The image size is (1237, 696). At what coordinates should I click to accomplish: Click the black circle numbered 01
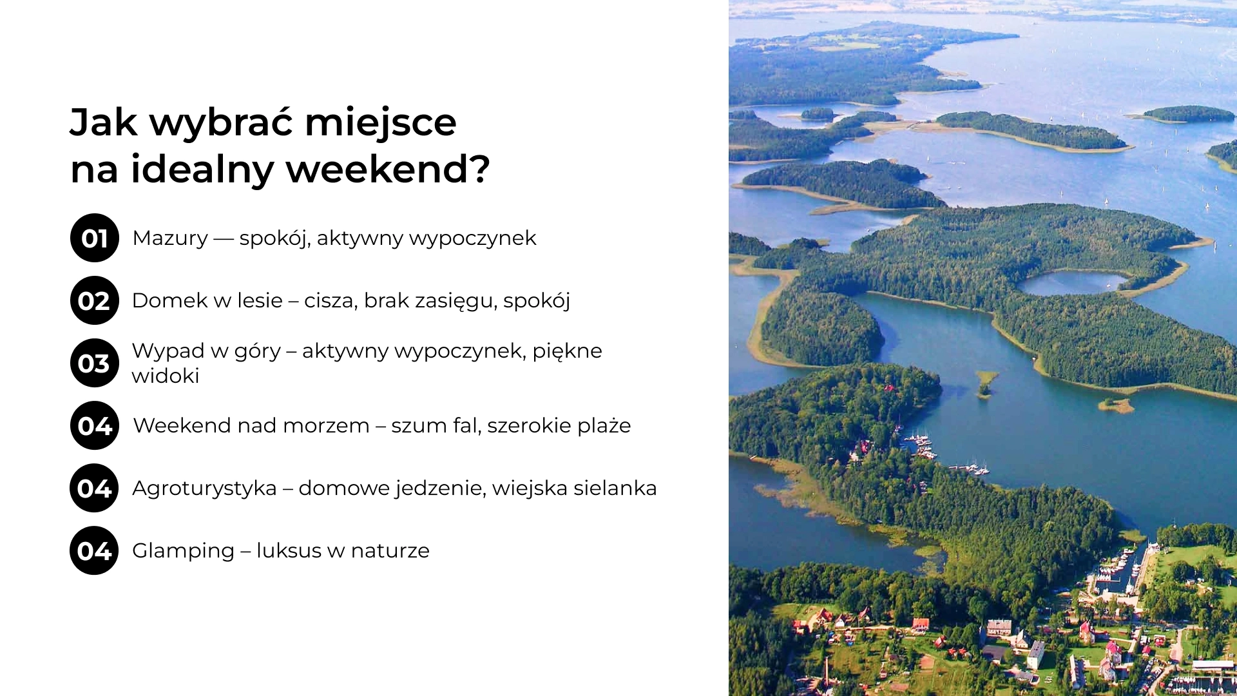95,238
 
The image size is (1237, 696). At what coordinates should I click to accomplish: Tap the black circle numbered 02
95,300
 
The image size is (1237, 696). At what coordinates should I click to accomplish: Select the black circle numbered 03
95,363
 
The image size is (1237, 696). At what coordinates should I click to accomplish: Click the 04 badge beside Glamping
94,550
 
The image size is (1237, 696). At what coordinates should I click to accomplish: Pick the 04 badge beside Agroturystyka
94,488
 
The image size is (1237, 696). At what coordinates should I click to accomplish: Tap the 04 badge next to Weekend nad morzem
95,425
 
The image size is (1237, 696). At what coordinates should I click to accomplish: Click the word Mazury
170,238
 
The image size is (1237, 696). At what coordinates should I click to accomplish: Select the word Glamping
183,551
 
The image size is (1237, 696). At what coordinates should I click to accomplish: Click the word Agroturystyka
204,488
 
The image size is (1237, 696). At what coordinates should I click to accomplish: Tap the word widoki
166,376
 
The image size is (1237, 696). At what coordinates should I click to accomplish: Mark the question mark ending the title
479,169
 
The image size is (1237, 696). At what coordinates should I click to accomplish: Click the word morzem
326,426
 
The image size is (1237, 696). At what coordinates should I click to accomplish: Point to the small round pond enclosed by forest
1073,282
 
